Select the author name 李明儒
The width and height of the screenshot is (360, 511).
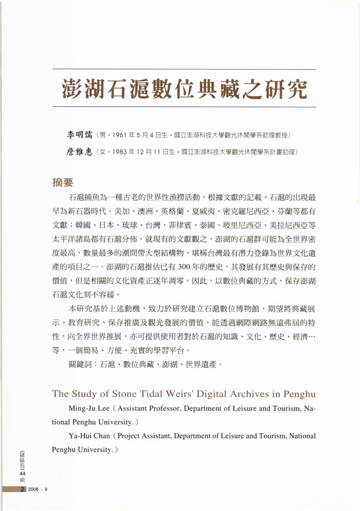click(x=80, y=134)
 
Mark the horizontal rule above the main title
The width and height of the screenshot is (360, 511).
click(x=184, y=70)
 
